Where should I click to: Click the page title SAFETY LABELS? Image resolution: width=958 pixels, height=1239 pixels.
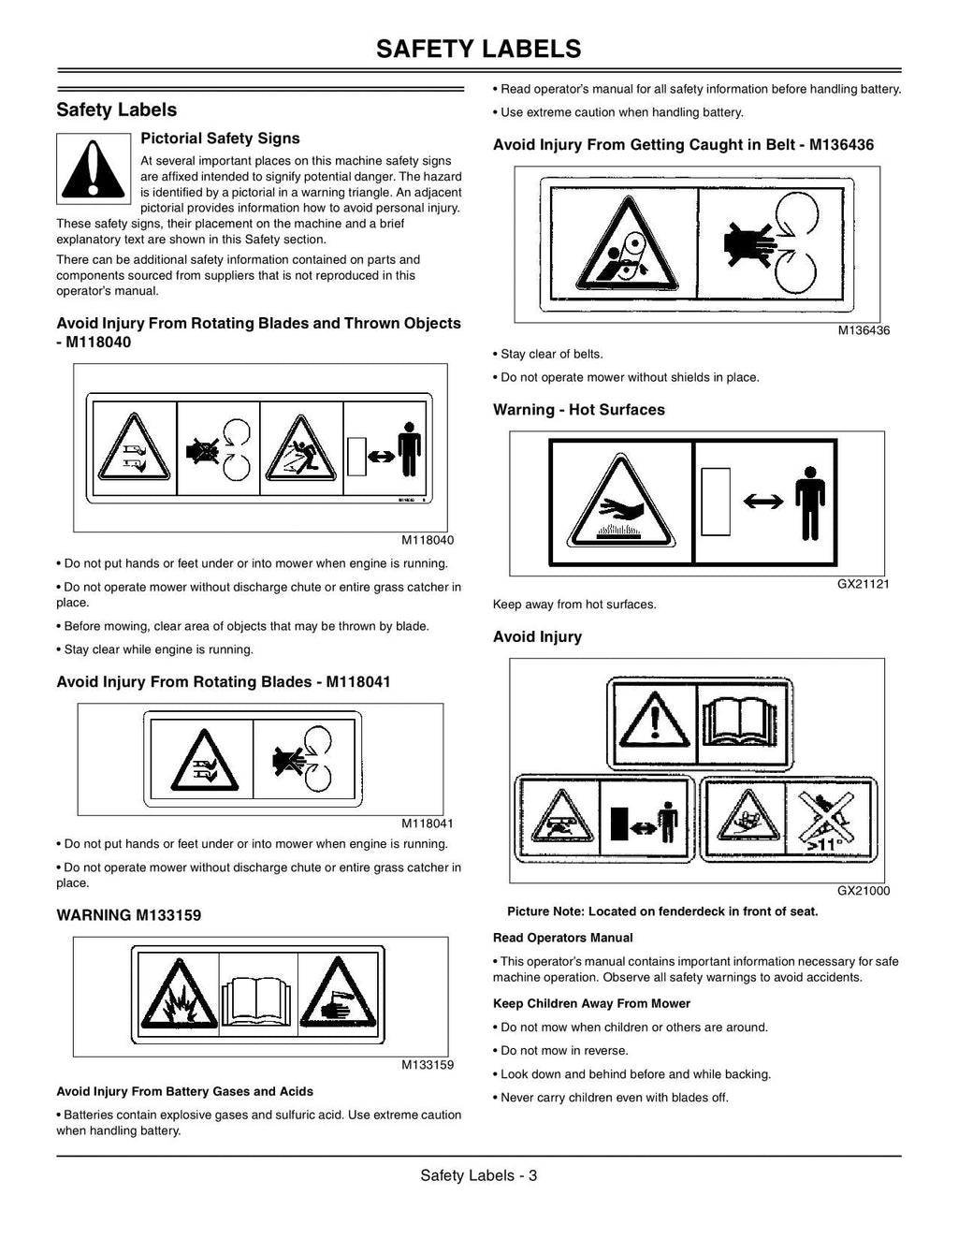pos(478,49)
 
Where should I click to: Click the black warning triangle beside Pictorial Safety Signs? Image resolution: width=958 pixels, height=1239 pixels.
pos(94,169)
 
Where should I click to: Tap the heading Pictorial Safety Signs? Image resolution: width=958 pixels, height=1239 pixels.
pos(220,138)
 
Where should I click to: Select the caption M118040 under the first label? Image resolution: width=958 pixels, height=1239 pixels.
pos(428,540)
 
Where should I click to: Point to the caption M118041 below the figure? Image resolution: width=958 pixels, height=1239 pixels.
pos(428,824)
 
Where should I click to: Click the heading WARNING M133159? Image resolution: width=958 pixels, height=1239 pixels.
pos(129,915)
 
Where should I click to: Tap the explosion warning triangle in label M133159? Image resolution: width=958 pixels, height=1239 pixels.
pos(179,995)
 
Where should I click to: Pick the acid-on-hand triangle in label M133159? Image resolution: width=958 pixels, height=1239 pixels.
pos(339,993)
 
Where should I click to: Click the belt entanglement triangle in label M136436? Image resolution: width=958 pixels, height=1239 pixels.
pos(627,244)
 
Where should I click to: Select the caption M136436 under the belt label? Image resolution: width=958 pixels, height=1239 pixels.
pos(864,330)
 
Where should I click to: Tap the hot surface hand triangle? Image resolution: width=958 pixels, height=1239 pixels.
pos(620,502)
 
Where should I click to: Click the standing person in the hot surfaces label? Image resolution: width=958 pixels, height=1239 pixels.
pos(810,503)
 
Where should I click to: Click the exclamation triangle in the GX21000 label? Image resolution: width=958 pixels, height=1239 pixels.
pos(655,720)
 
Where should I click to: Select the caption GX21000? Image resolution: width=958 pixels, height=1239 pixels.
pos(864,891)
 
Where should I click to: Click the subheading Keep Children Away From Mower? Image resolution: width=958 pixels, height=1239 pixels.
pos(591,1003)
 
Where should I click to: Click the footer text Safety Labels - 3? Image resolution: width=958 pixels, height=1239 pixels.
pos(479,1175)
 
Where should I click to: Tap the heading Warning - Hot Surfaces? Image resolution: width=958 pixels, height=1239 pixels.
pos(579,409)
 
